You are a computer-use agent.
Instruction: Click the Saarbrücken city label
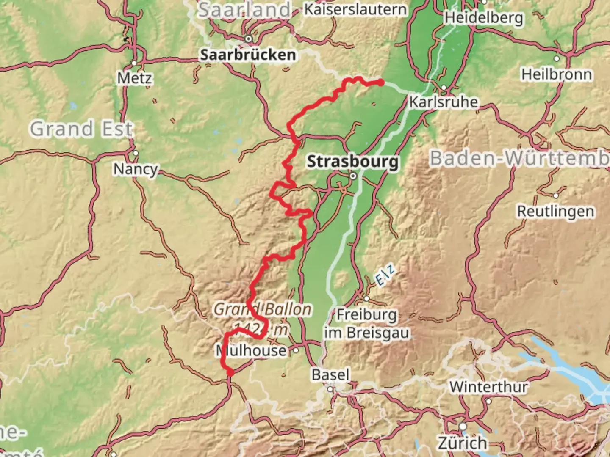[248, 55]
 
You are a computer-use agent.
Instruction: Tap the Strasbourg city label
[352, 162]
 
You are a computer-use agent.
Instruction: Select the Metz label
[134, 78]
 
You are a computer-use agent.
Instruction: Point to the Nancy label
[135, 169]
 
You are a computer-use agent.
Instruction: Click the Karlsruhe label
[443, 102]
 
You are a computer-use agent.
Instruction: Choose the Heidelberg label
[483, 18]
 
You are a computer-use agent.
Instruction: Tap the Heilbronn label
[556, 74]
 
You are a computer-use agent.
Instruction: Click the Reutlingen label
[555, 211]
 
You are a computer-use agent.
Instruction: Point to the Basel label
[330, 375]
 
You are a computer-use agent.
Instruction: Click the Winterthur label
[488, 387]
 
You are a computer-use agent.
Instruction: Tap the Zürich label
[462, 443]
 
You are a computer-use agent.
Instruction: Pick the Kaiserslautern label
[355, 9]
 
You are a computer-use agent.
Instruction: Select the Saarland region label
[245, 10]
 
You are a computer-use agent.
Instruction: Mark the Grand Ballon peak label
[262, 309]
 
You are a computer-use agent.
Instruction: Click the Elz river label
[385, 274]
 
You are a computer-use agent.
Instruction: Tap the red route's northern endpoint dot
[381, 83]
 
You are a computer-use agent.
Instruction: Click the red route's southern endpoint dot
[230, 372]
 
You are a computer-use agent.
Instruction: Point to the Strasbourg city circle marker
[353, 176]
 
